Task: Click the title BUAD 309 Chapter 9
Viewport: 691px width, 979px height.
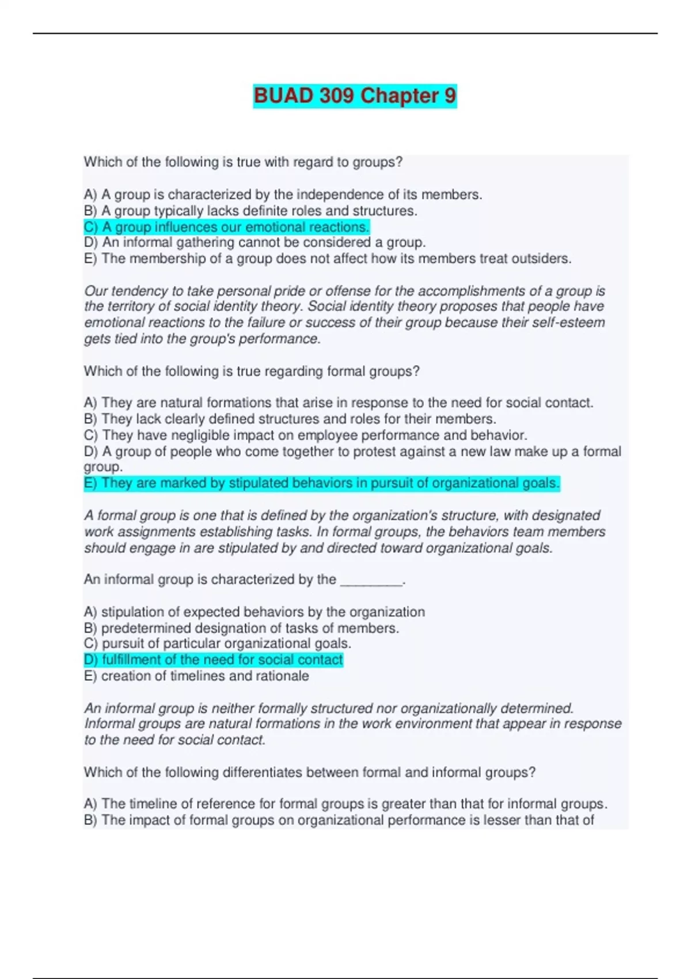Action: (x=355, y=96)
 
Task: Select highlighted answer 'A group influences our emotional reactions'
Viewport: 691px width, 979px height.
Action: (x=226, y=227)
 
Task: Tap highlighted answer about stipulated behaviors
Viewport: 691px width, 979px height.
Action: (x=321, y=483)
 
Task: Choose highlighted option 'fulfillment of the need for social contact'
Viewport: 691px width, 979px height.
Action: (x=213, y=660)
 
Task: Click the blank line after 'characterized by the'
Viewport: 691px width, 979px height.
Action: (x=371, y=580)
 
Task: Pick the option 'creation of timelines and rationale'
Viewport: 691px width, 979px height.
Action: (x=196, y=676)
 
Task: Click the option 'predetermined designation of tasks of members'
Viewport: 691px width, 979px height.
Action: (x=241, y=628)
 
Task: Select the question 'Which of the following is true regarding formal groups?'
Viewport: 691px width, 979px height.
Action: (x=252, y=371)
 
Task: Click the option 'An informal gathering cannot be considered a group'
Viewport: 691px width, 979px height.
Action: (x=255, y=242)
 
